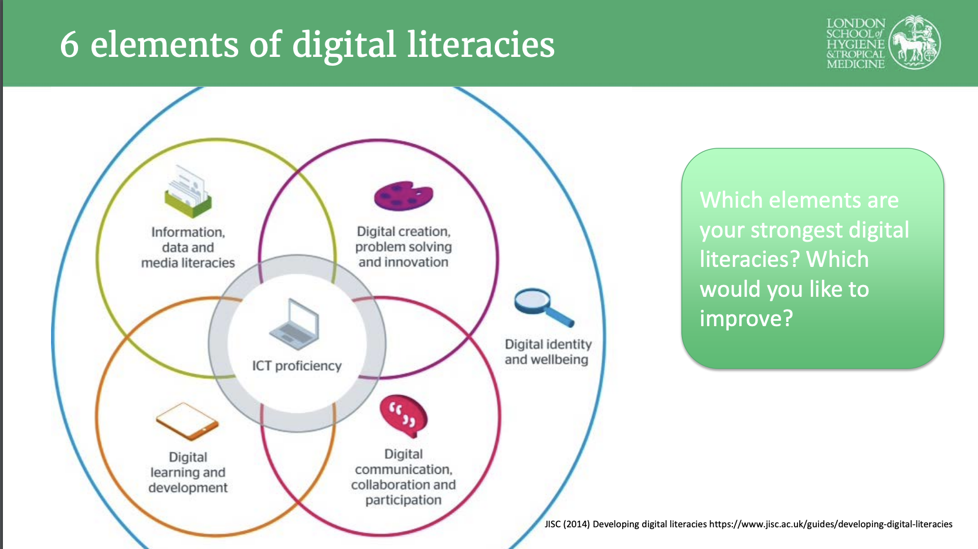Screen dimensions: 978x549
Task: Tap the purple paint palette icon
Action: (403, 196)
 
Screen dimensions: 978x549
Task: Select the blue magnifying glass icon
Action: (544, 307)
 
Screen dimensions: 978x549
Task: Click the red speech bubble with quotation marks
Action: (404, 416)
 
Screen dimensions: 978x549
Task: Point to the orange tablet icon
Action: (187, 421)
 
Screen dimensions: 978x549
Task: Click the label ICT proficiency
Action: (297, 365)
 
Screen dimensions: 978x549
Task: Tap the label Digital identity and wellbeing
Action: (548, 351)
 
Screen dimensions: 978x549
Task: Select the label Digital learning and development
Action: (188, 472)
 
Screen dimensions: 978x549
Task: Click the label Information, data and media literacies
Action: (188, 247)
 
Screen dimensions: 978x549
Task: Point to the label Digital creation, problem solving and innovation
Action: (403, 246)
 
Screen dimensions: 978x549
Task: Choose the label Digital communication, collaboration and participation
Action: (403, 476)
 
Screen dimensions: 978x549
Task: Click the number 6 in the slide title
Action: (69, 45)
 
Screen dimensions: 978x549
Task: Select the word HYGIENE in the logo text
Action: (855, 44)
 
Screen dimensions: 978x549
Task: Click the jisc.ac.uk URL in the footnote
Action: (830, 524)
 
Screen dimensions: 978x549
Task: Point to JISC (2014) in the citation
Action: (567, 524)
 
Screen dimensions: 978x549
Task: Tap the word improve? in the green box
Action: (746, 319)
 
